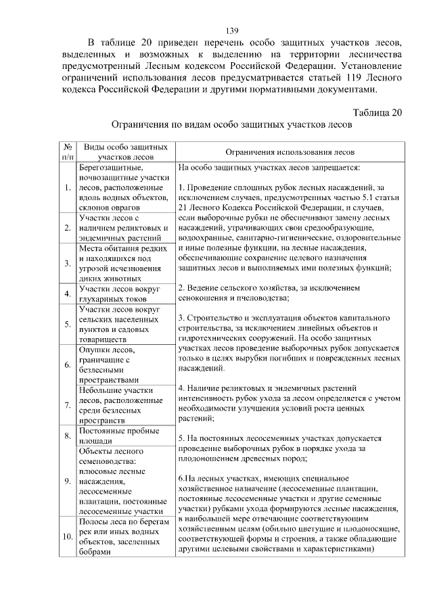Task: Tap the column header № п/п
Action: click(x=68, y=151)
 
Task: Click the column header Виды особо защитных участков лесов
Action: click(x=123, y=151)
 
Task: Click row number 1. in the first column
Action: click(x=68, y=187)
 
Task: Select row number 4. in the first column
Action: click(x=68, y=293)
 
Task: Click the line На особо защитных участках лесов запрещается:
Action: click(x=269, y=166)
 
